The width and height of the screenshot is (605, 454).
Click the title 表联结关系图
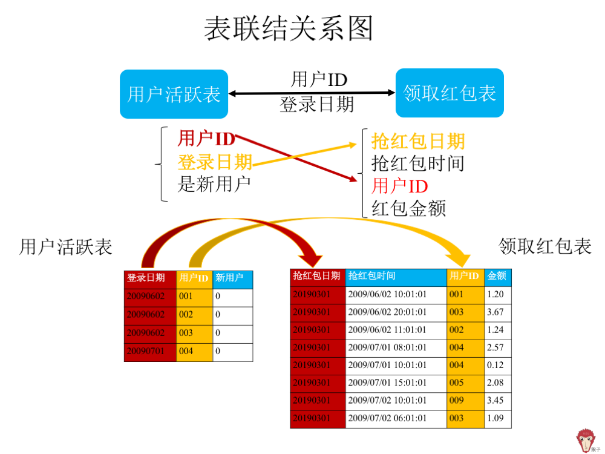point(288,28)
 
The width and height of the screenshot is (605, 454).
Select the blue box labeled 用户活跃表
point(174,94)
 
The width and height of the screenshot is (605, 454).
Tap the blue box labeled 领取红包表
point(450,93)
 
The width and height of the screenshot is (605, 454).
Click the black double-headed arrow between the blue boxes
point(312,93)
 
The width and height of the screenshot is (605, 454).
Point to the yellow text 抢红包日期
point(418,141)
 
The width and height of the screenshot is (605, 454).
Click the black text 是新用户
point(214,184)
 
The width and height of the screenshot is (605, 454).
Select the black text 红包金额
point(408,208)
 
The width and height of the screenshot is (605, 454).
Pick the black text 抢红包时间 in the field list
point(418,163)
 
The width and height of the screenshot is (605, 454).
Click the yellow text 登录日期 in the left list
point(215,162)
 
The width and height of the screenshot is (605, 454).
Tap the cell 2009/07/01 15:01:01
point(396,383)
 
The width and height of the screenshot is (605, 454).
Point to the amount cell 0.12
point(498,366)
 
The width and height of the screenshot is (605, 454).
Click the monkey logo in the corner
point(586,440)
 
